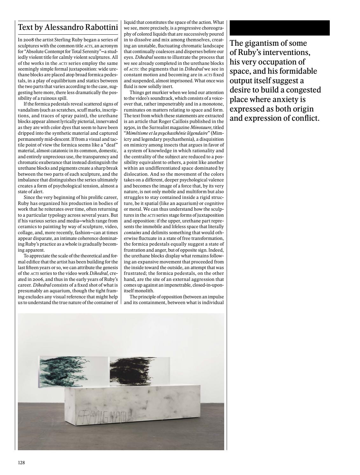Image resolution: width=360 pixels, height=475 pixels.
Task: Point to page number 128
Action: tap(21, 463)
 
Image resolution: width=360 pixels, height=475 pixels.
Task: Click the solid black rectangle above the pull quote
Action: tap(279, 28)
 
